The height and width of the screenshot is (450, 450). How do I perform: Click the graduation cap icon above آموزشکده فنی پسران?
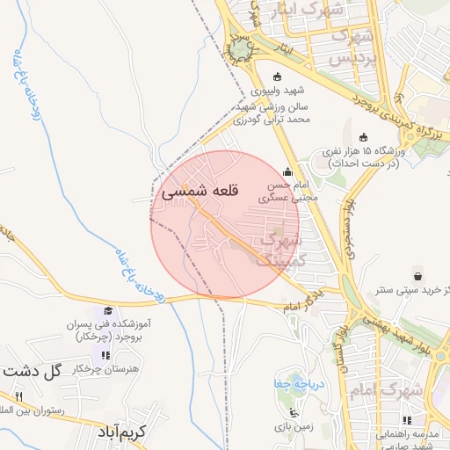(x=108, y=311)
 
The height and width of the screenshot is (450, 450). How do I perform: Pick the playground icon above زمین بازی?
(x=294, y=412)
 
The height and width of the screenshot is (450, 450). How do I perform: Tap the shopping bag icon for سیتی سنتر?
(x=417, y=273)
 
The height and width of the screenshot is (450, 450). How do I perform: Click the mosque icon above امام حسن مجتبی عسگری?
(x=288, y=172)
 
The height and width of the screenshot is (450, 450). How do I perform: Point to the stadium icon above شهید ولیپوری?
(x=279, y=76)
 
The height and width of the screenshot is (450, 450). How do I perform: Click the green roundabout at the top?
(x=240, y=51)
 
